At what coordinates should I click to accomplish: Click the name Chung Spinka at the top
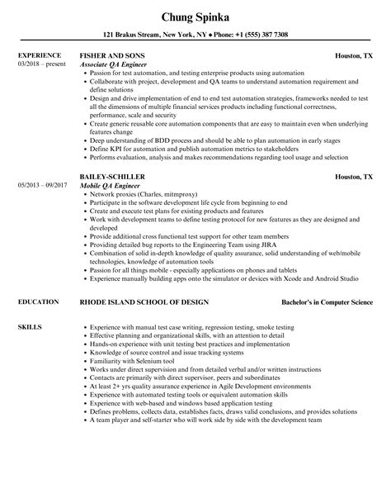pos(195,14)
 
